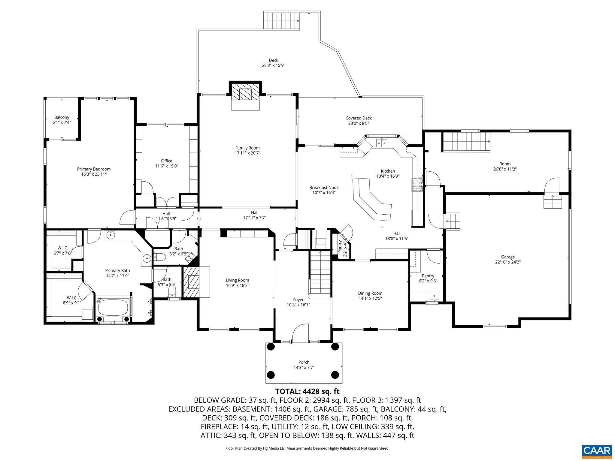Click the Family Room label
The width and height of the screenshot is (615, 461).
tap(247, 148)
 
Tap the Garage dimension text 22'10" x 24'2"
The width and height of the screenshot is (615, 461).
tap(508, 262)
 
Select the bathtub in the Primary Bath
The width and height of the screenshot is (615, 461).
tap(113, 307)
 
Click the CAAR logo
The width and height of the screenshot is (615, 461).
tap(596, 451)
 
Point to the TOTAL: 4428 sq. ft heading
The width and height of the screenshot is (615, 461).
tap(307, 391)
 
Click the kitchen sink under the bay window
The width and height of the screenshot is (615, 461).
tap(382, 143)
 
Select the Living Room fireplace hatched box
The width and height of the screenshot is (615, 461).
tap(191, 282)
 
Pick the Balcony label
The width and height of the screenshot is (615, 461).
tap(62, 117)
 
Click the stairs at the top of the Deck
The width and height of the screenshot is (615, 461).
tap(281, 21)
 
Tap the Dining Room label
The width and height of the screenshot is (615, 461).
tap(370, 293)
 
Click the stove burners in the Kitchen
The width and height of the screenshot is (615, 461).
tap(417, 185)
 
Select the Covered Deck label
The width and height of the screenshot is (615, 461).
tap(359, 118)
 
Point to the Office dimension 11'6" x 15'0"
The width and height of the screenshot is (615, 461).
tap(167, 166)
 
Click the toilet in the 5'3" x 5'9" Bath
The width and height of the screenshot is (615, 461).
tap(172, 291)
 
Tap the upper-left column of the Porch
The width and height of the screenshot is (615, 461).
tap(271, 347)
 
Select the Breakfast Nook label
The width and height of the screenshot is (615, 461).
tap(324, 188)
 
